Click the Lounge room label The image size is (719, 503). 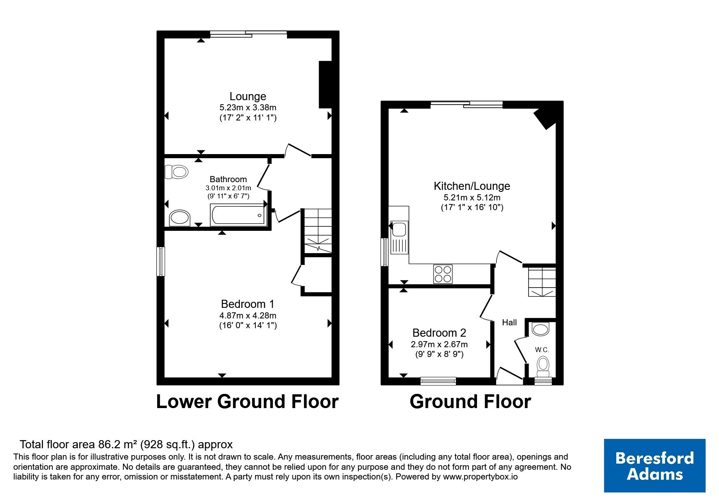tap(248, 97)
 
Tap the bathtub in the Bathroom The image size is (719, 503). tap(238, 215)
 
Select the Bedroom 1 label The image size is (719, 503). tap(248, 304)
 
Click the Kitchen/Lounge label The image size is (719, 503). tap(472, 186)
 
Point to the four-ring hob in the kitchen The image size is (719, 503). tap(443, 273)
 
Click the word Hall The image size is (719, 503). tap(509, 322)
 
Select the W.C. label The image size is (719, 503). tap(542, 350)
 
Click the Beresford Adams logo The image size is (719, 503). tap(654, 466)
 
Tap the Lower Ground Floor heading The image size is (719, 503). tap(247, 402)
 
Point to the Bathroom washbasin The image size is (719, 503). tap(180, 218)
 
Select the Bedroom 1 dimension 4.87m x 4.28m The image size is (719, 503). tap(248, 316)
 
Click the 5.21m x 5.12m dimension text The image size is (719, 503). tap(472, 198)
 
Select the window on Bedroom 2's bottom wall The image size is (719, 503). tap(438, 381)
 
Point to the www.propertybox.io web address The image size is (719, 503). tap(480, 477)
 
